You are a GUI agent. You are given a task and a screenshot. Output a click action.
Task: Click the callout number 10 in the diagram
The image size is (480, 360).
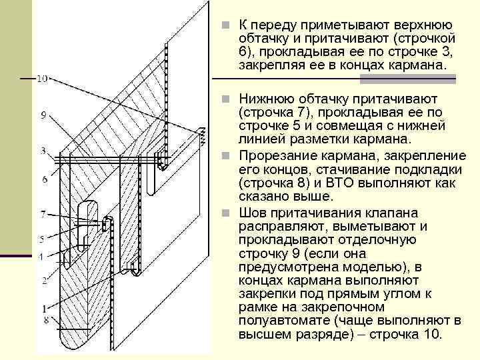tap(42, 79)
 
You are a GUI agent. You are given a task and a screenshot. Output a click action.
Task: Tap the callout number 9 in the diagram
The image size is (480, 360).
tap(43, 115)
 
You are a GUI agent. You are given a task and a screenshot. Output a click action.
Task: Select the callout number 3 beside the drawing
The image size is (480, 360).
tap(43, 150)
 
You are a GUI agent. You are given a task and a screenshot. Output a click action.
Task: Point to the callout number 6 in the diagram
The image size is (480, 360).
tap(43, 179)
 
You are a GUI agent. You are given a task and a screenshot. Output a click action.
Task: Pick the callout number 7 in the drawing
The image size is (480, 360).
tap(43, 214)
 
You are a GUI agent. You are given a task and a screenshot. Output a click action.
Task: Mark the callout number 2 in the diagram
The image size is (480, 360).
tap(43, 281)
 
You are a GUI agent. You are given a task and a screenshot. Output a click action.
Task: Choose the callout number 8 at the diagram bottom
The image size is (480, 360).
tap(44, 321)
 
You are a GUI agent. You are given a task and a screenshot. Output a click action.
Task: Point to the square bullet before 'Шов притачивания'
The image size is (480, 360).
tap(227, 213)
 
